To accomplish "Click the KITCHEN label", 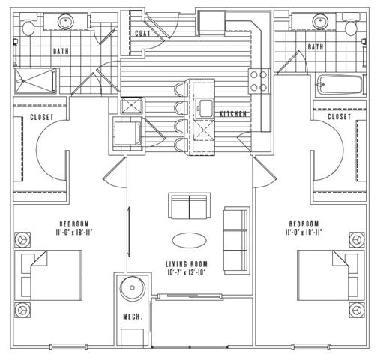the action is tap(233, 114).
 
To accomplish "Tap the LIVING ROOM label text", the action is tap(187, 264).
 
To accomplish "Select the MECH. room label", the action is tap(133, 316).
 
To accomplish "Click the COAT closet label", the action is tap(142, 34).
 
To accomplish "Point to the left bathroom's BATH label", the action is tap(61, 52).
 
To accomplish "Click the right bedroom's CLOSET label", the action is tap(339, 117).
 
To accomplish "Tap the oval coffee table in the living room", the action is tap(190, 240).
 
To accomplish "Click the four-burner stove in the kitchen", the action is tap(259, 81).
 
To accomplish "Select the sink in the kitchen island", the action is tap(205, 108).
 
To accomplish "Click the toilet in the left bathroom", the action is tap(28, 25).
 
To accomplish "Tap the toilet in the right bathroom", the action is tap(352, 24).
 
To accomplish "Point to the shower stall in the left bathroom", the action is tap(36, 80).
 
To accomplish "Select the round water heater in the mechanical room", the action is tap(132, 288).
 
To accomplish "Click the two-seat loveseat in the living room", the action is tap(189, 205).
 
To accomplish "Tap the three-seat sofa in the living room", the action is tap(237, 241).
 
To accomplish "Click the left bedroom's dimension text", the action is tap(74, 232).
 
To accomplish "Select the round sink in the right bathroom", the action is tap(320, 21).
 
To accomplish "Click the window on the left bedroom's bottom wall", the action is tap(68, 346).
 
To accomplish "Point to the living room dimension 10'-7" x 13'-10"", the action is tap(187, 272).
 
